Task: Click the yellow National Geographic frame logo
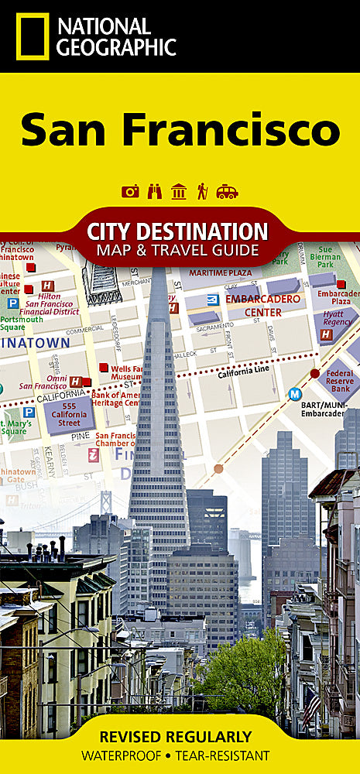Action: (32, 36)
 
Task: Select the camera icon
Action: (130, 191)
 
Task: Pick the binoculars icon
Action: (155, 191)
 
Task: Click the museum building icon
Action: (179, 191)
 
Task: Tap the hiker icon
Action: (202, 191)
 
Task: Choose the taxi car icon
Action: (227, 191)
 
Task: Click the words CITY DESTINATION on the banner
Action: (177, 231)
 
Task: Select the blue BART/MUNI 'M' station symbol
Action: (294, 394)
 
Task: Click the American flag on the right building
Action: (311, 706)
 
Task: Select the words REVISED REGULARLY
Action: (180, 736)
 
